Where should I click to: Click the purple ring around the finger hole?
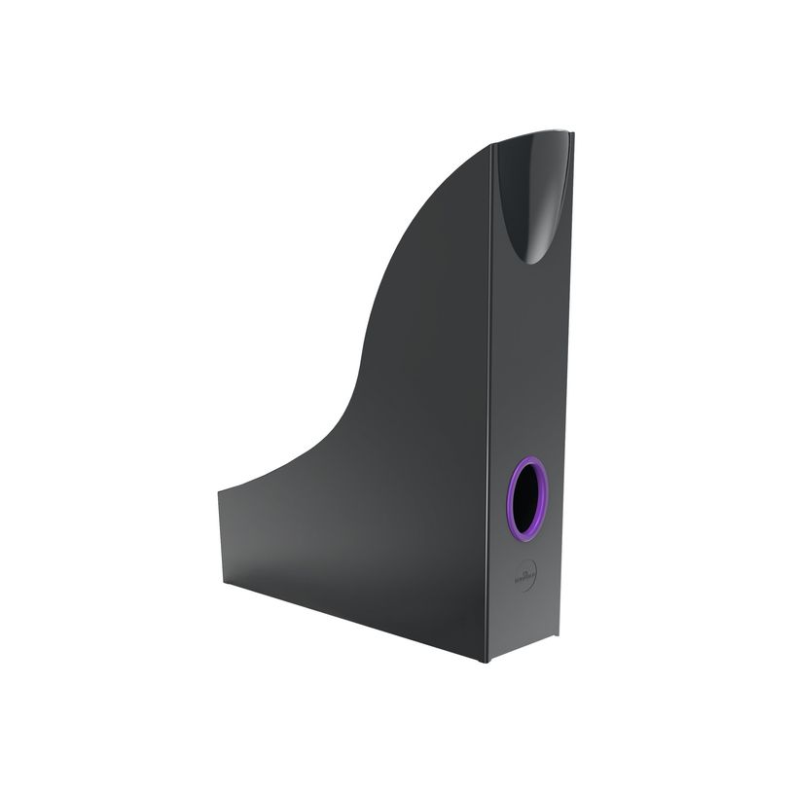pos(512,496)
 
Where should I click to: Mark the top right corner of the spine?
pos(573,133)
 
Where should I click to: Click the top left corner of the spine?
pos(492,145)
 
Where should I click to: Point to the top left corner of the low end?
pos(218,490)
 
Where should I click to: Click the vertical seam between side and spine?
pos(489,389)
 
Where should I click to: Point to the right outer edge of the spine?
pos(566,389)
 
